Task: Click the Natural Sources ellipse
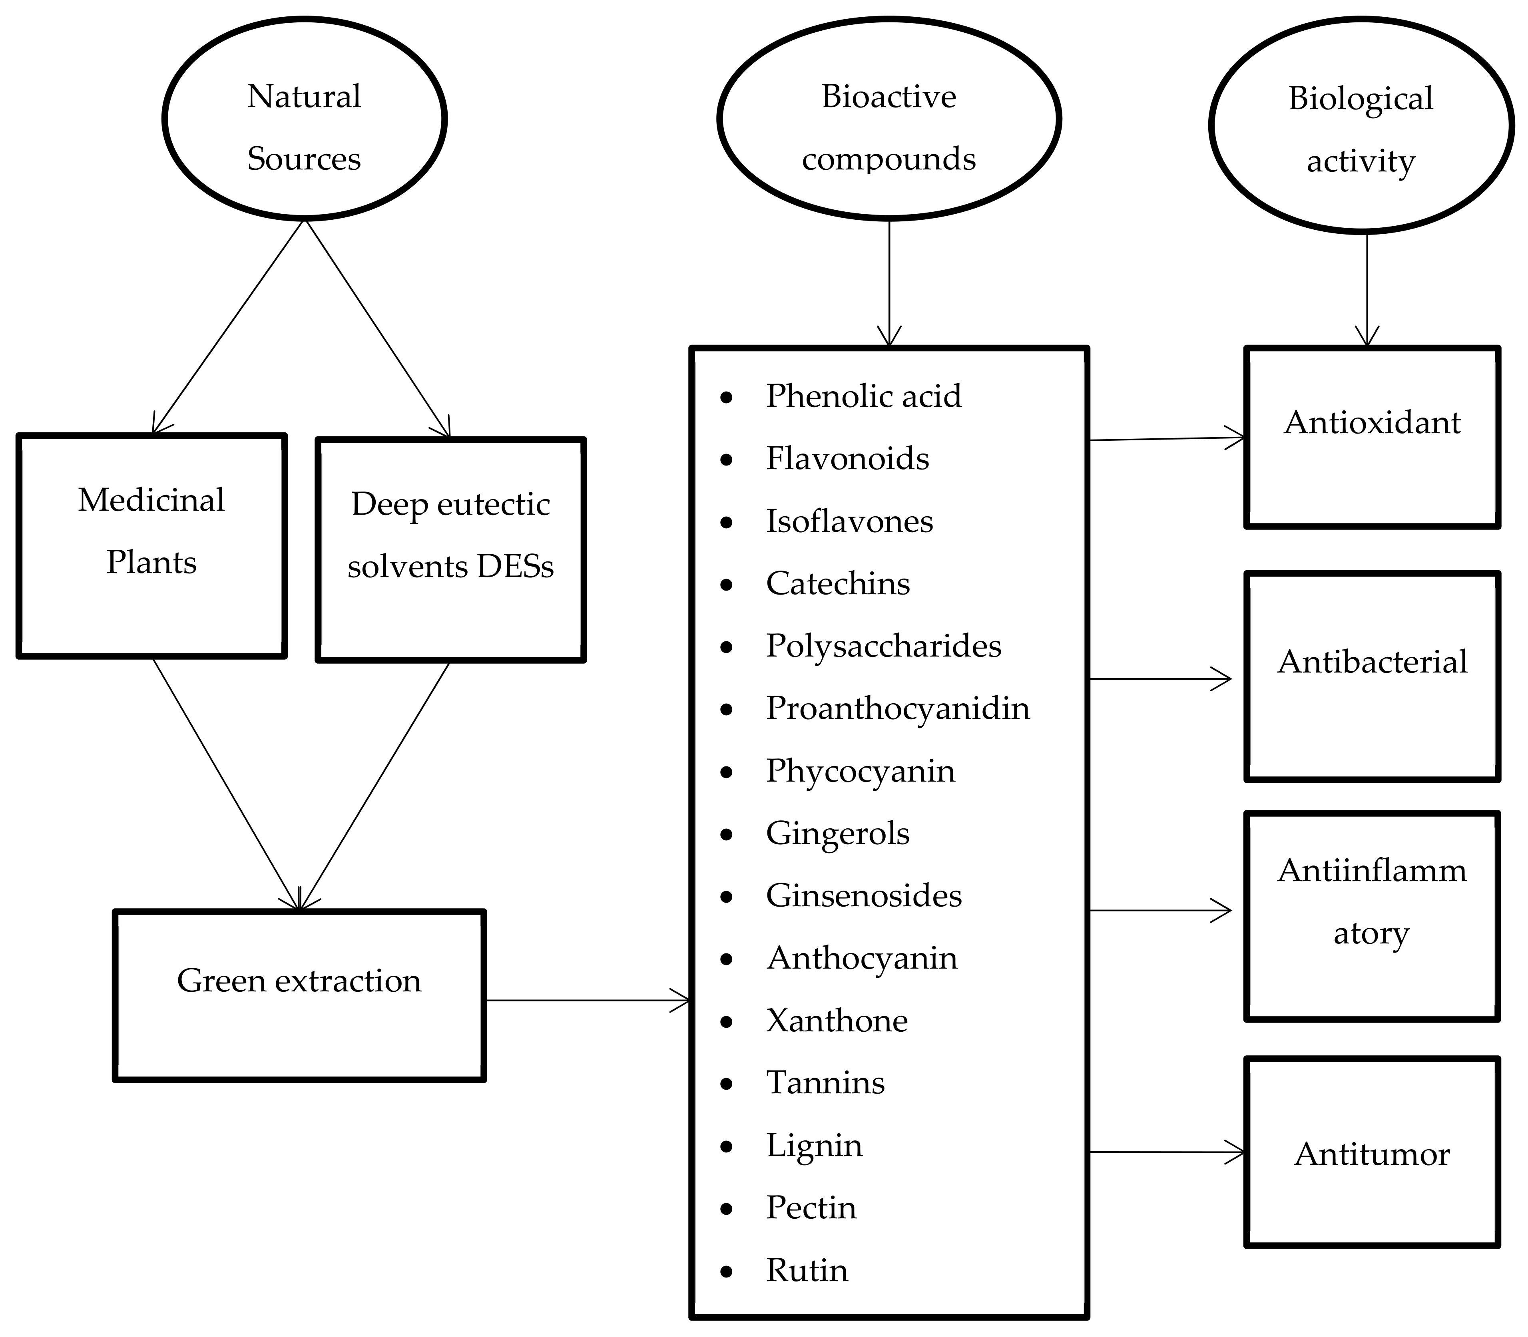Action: point(305,119)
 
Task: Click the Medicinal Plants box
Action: point(151,545)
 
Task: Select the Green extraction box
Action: point(299,995)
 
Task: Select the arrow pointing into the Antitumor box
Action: point(1167,1152)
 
